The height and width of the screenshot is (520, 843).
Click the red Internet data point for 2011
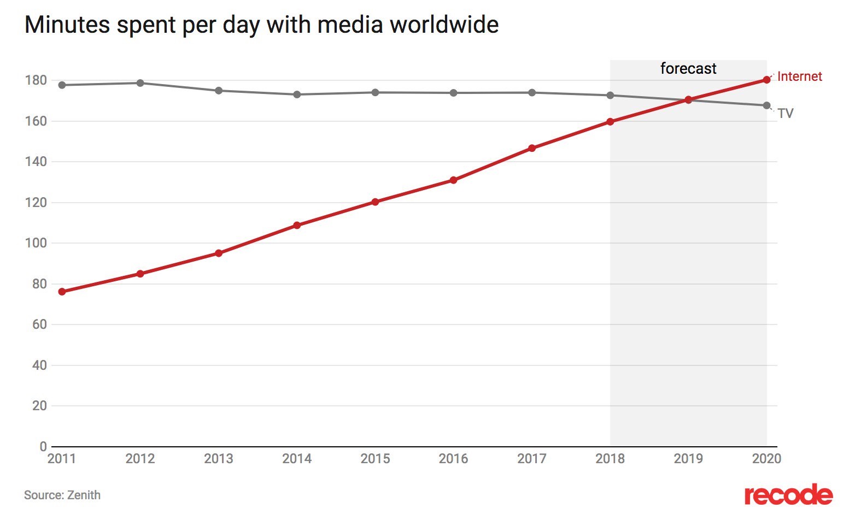pyautogui.click(x=62, y=292)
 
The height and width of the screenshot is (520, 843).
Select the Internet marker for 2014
pyautogui.click(x=297, y=225)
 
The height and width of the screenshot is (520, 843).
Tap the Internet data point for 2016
pyautogui.click(x=453, y=180)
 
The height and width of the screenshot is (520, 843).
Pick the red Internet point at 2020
pyautogui.click(x=766, y=80)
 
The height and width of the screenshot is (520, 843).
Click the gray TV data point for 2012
pyautogui.click(x=140, y=83)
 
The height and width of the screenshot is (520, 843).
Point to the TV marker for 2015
pyautogui.click(x=375, y=92)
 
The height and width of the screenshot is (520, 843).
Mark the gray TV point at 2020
pyautogui.click(x=766, y=105)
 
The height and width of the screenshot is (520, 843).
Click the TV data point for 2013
pyautogui.click(x=219, y=91)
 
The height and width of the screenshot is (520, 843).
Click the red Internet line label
pyautogui.click(x=799, y=76)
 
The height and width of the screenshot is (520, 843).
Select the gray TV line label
pyautogui.click(x=785, y=114)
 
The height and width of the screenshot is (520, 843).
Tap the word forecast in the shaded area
pyautogui.click(x=688, y=68)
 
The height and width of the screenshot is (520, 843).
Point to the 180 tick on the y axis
pyautogui.click(x=36, y=80)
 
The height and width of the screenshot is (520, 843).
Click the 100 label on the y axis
pyautogui.click(x=36, y=243)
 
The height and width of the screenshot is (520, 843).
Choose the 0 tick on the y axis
pyautogui.click(x=43, y=446)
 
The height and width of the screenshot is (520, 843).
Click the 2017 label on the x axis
pyautogui.click(x=531, y=459)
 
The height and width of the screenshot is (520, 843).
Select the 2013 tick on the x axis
pyautogui.click(x=219, y=459)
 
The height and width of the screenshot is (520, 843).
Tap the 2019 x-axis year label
pyautogui.click(x=688, y=459)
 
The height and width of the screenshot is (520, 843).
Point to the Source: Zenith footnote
pyautogui.click(x=62, y=495)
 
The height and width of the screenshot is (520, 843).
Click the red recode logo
pyautogui.click(x=788, y=495)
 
